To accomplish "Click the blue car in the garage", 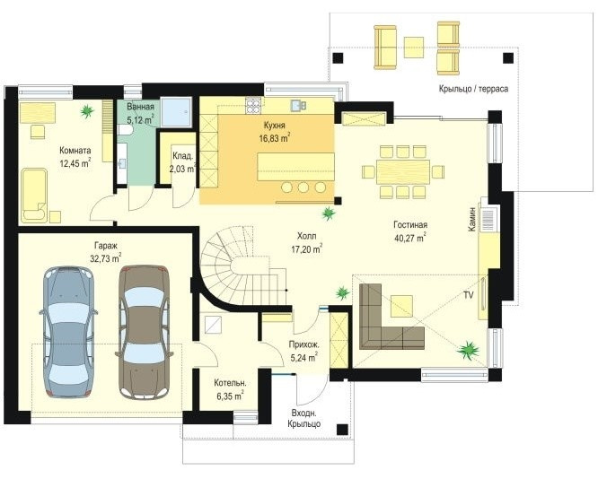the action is [x=68, y=332].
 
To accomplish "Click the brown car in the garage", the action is [x=144, y=332].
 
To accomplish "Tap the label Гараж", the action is [x=106, y=245].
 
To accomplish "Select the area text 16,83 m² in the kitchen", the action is [x=275, y=138].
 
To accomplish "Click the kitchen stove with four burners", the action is [x=253, y=106].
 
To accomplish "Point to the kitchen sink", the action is [x=298, y=105].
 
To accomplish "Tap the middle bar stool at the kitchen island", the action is [x=303, y=187].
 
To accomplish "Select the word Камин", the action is [x=471, y=219].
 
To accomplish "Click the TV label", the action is [x=469, y=295].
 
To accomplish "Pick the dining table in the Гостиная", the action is [x=403, y=171].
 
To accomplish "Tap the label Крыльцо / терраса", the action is [x=473, y=89].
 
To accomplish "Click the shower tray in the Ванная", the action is [x=176, y=112].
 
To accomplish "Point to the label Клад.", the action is [x=182, y=156].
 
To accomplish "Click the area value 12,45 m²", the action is [x=75, y=163].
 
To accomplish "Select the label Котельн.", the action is [x=231, y=383].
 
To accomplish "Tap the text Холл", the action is [x=307, y=236].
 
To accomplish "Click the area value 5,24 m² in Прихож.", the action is [x=304, y=358].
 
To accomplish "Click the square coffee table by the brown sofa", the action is [x=402, y=306].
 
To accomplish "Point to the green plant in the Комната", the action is [x=87, y=111].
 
